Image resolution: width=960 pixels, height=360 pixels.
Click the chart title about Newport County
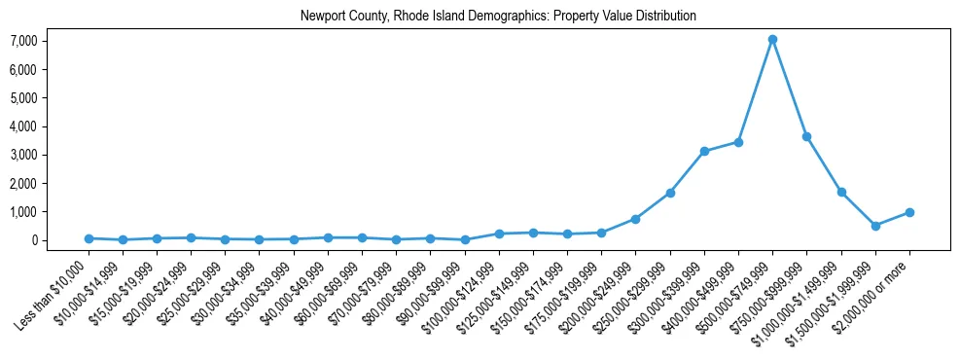(498, 16)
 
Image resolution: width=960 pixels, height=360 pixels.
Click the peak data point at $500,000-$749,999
(772, 40)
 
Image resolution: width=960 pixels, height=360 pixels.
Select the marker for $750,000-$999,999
(806, 136)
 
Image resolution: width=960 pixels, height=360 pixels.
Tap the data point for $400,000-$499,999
(738, 142)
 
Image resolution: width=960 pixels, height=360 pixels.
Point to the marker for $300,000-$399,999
(704, 151)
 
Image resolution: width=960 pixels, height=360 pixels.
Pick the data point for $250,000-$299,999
(670, 193)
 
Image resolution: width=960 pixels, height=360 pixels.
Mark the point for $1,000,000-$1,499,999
(841, 192)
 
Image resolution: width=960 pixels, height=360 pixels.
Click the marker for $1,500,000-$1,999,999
(875, 226)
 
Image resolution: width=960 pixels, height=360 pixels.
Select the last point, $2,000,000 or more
(909, 212)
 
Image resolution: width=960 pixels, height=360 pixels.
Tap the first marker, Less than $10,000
(89, 238)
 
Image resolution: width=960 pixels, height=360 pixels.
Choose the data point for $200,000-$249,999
(635, 219)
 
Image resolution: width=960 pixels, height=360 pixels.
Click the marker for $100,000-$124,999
(499, 234)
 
